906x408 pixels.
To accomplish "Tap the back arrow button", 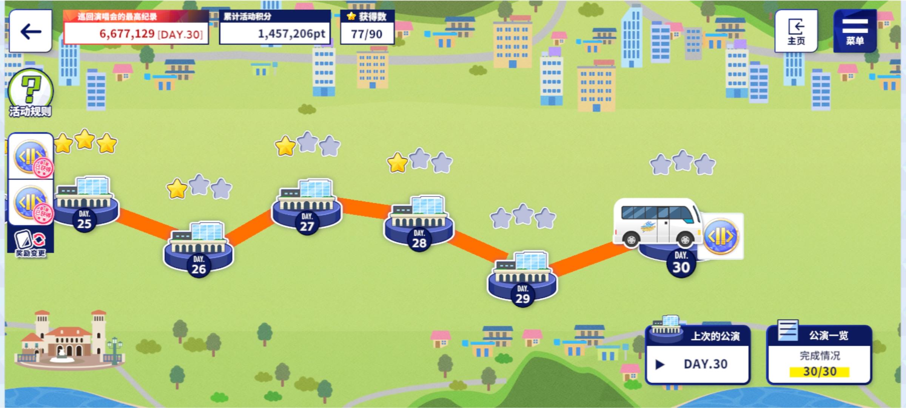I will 31,31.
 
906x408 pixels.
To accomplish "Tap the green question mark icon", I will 31,89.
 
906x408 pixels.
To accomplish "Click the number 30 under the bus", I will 681,267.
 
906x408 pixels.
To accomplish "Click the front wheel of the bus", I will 684,239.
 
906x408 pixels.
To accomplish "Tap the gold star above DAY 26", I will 177,189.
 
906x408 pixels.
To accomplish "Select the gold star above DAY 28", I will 397,163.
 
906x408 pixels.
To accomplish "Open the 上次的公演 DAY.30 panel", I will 698,355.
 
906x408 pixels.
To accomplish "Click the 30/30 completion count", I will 820,372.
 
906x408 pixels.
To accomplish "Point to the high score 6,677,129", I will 127,34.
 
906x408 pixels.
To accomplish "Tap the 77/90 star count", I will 367,34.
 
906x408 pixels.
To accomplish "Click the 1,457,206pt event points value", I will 291,34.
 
